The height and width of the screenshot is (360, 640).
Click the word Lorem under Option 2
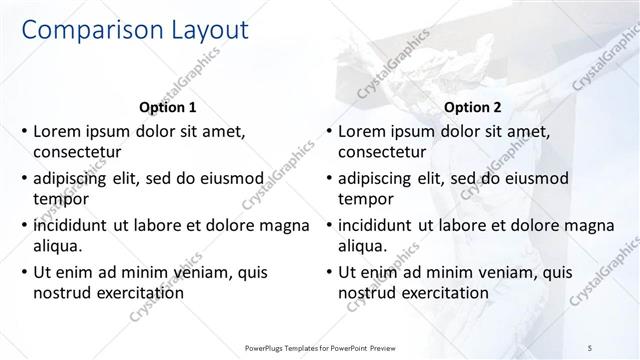(x=363, y=131)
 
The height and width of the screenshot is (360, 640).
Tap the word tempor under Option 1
(x=59, y=199)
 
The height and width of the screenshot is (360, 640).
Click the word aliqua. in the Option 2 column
(x=365, y=245)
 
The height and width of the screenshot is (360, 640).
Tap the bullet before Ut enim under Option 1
(x=23, y=271)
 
